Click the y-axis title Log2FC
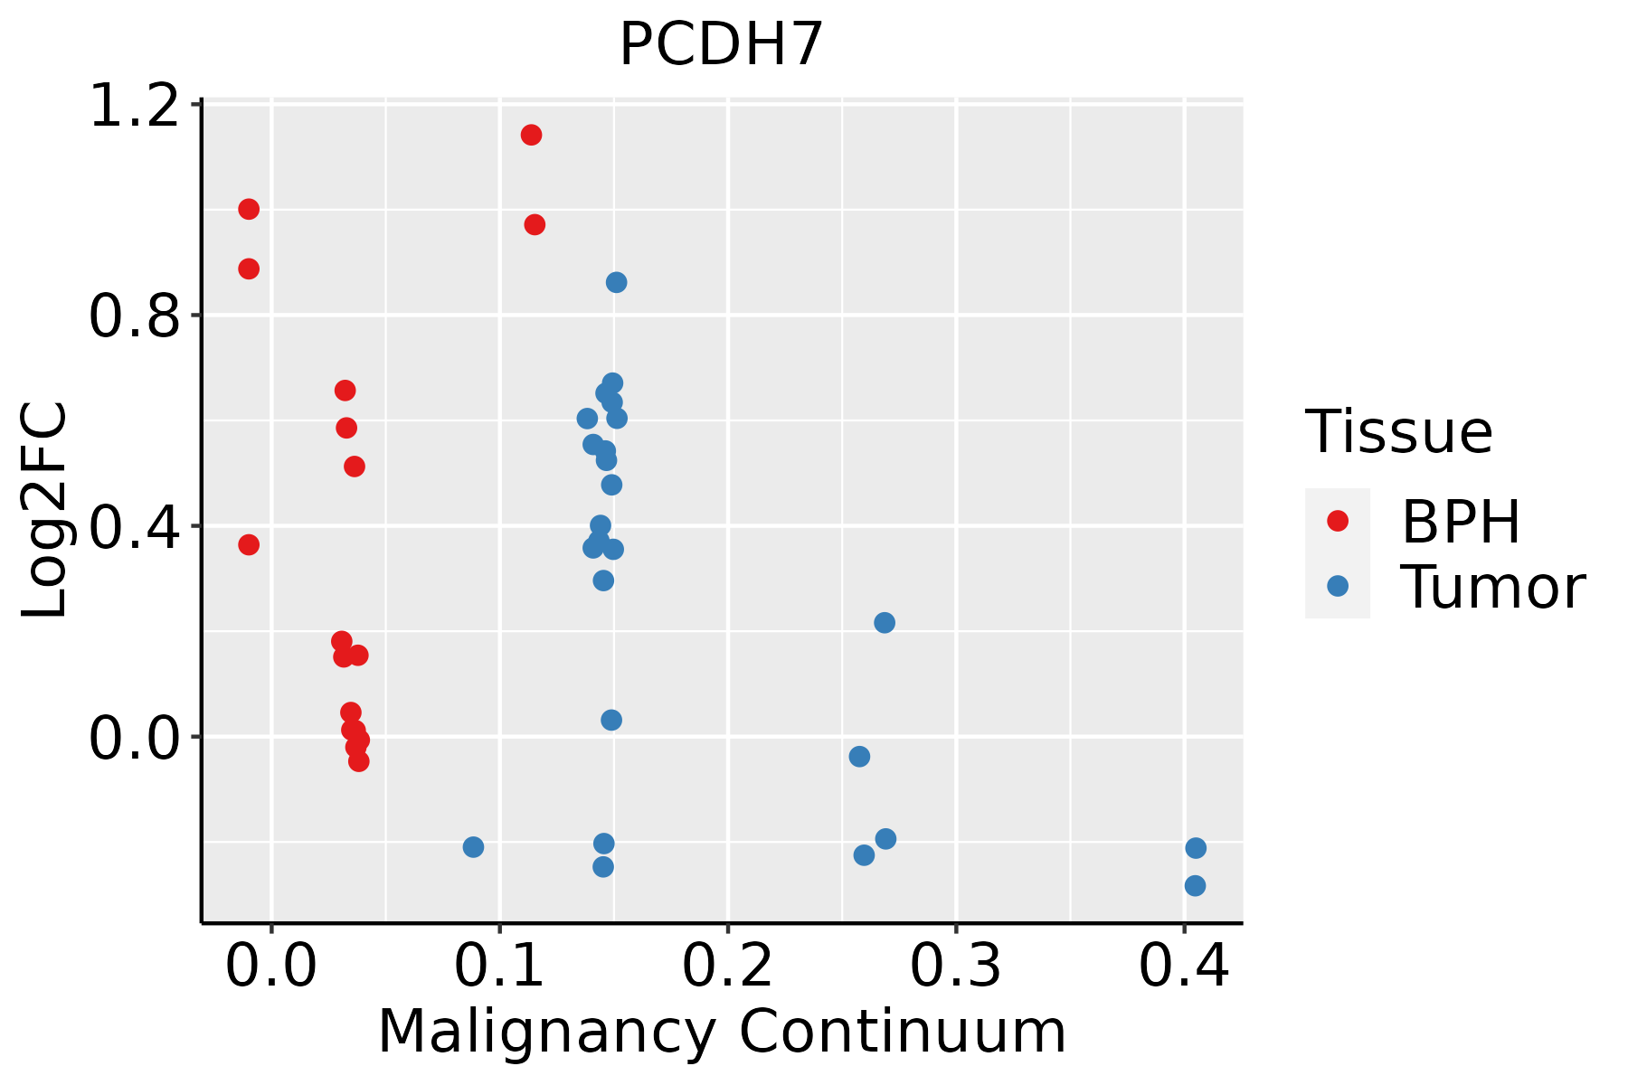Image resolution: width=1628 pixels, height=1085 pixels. tap(45, 510)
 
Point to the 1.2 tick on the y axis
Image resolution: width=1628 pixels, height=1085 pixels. tap(134, 107)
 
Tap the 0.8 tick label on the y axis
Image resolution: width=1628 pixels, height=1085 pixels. tap(134, 316)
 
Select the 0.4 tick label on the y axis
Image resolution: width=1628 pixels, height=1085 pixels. tap(134, 527)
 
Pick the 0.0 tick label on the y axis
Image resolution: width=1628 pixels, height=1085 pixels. tap(134, 738)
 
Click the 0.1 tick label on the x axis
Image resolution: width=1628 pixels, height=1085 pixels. tap(499, 966)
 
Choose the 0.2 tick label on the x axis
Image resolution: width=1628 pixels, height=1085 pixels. tap(727, 966)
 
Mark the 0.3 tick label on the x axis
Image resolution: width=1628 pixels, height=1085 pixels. tap(955, 966)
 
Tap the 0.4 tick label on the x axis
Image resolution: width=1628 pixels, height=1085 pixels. tap(1183, 966)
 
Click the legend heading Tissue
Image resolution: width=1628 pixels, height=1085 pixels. tap(1399, 432)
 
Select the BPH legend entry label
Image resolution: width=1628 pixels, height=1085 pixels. tap(1461, 522)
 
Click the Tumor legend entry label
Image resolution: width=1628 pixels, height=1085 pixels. tap(1492, 588)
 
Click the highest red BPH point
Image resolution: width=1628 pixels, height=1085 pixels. tap(532, 136)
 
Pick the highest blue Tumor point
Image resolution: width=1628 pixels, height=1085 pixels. tap(617, 283)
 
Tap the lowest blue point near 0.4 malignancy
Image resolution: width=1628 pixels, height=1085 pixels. tap(1195, 886)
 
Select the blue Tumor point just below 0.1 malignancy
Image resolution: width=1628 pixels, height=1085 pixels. tap(473, 847)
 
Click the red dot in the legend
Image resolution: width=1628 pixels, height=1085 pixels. tap(1337, 521)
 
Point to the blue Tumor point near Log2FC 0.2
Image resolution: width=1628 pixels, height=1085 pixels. tap(885, 623)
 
